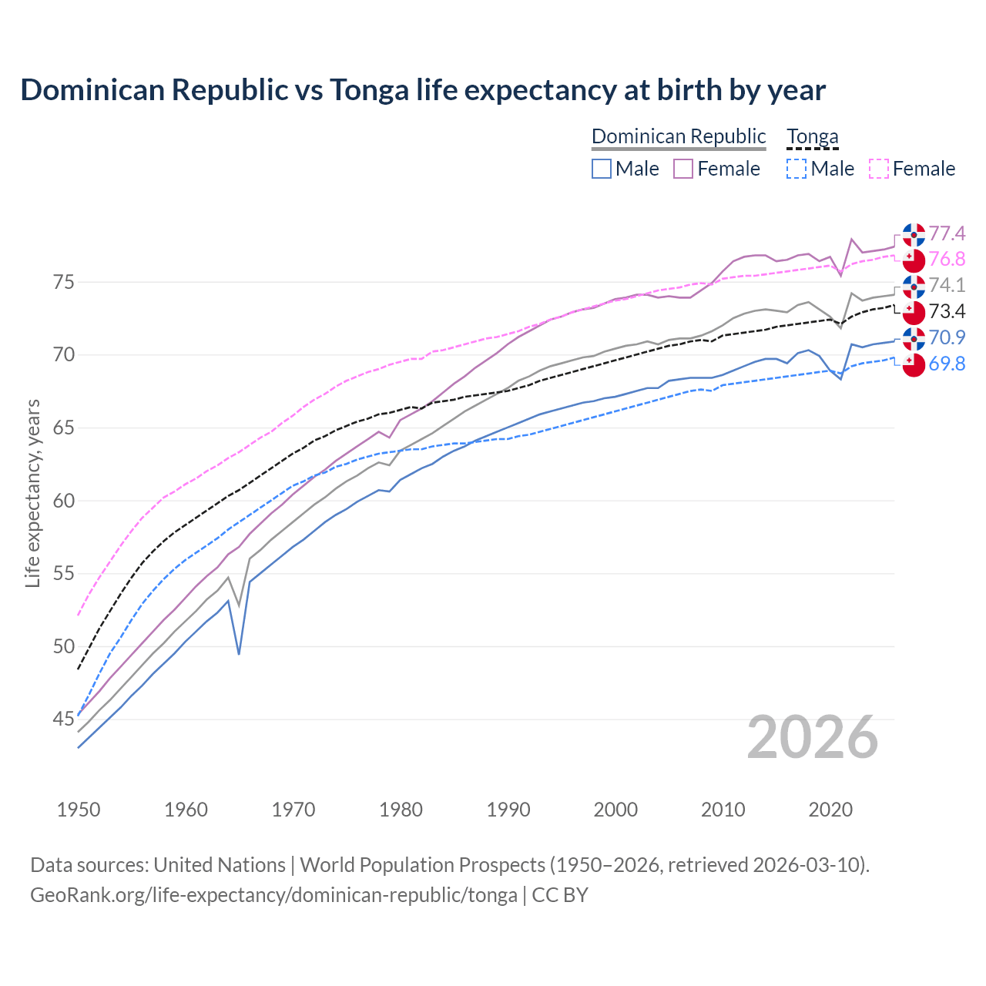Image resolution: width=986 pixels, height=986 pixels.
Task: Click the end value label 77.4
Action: [947, 233]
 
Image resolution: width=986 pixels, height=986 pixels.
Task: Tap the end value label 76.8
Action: [947, 259]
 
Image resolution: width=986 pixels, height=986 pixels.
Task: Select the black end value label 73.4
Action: [947, 311]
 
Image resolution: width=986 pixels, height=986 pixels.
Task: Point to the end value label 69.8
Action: [947, 364]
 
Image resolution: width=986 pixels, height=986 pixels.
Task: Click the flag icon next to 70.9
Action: [914, 338]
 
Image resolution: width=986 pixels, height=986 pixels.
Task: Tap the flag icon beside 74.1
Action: [914, 286]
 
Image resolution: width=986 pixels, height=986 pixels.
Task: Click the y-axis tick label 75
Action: [64, 282]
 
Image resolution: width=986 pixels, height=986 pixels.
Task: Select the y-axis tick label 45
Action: [64, 719]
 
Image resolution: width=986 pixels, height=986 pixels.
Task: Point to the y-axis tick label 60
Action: [64, 501]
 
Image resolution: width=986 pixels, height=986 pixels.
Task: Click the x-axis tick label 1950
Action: [79, 810]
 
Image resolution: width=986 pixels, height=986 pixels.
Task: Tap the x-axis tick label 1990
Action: [508, 810]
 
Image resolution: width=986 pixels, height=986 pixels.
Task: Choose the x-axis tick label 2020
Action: [830, 810]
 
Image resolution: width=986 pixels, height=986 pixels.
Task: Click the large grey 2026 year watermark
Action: [812, 737]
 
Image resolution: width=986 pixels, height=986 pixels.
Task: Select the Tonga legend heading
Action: [812, 137]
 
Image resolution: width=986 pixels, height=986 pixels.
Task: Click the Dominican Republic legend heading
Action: [679, 136]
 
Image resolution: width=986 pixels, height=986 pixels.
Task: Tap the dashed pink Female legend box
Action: [879, 169]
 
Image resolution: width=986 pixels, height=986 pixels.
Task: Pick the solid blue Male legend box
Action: [602, 169]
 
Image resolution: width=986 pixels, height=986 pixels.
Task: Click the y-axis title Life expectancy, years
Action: [32, 493]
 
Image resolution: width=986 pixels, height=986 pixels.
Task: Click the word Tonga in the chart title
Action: [369, 90]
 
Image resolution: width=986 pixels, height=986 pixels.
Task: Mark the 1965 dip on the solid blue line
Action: [239, 653]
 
